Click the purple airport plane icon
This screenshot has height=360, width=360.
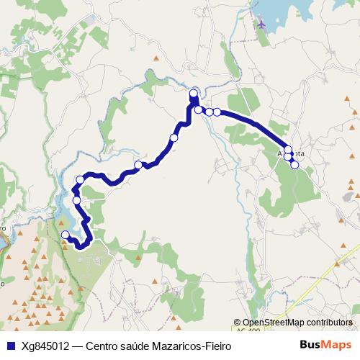pos(261,23)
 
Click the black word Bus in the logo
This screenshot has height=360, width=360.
pos(310,346)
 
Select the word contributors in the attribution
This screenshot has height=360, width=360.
pos(330,323)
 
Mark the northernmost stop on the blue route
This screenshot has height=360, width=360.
pos(194,94)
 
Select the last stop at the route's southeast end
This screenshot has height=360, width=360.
pos(294,165)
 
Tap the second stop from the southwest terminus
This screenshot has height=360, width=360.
pos(76,199)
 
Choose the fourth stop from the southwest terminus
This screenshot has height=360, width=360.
pos(138,166)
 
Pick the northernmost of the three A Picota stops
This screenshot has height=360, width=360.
pos(289,149)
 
